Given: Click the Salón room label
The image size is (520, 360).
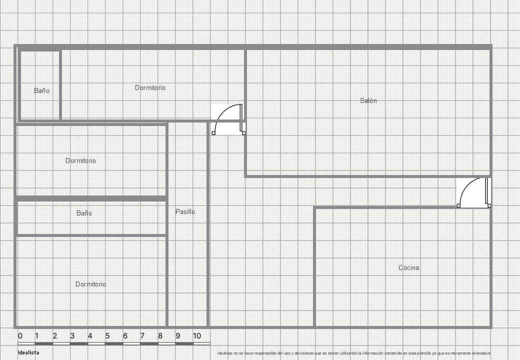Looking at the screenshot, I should coord(368,101).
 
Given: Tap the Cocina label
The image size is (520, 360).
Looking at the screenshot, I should coord(408,268).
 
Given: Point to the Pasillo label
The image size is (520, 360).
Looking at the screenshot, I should coord(185,212).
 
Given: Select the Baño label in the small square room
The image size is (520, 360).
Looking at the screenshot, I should coord(41,91).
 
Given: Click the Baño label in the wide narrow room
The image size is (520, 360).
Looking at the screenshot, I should coord(84,213).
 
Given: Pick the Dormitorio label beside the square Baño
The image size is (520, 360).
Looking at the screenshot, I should coord(150,88).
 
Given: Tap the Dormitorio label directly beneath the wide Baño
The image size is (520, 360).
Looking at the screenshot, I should coord(90,284).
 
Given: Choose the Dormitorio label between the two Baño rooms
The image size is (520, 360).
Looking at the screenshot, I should coord(80,161).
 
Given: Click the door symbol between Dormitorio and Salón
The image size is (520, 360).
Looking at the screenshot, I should coord(228,119).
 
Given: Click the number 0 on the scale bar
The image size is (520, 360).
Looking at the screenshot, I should coord(20,336).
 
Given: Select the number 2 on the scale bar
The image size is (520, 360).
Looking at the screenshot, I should coord(55,336).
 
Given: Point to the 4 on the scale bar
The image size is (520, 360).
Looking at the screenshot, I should coord(90,336).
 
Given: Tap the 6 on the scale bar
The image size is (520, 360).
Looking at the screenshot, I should coord(125,336).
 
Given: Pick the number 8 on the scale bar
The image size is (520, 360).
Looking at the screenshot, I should coord(160,336).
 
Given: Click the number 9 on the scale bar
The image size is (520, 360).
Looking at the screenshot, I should coord(177,336).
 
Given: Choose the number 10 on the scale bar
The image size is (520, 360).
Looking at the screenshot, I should coord(197,336).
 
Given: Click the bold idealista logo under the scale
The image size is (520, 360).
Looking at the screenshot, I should coord(28,352).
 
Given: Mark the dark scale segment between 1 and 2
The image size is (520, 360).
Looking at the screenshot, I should coord(44,343).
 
